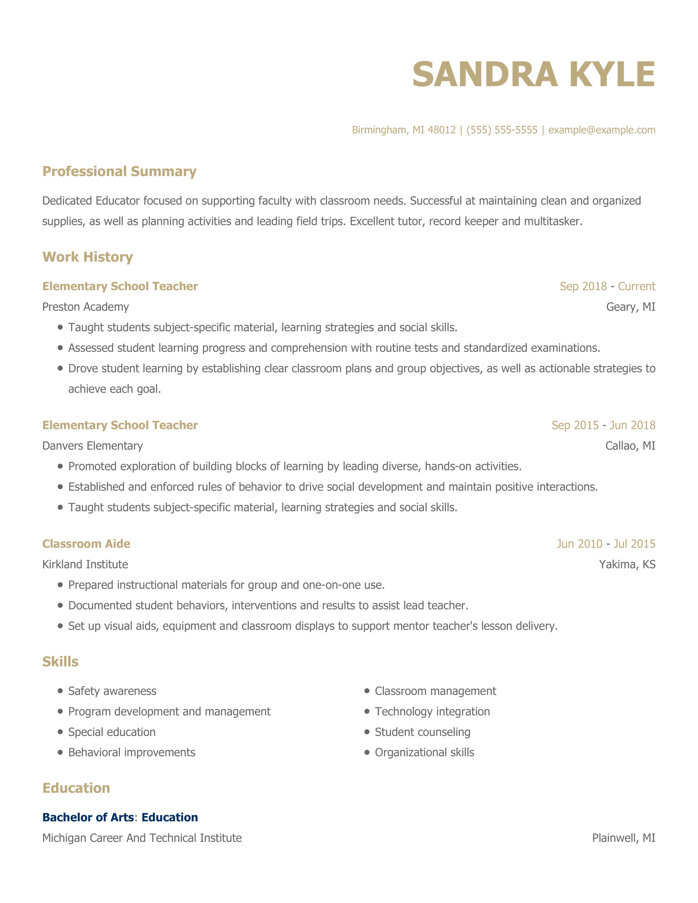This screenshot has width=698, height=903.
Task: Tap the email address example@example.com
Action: pos(602,130)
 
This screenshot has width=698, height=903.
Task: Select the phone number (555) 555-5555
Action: pos(502,130)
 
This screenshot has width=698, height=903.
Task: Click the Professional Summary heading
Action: pos(119,171)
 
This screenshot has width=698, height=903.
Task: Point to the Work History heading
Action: pos(88,257)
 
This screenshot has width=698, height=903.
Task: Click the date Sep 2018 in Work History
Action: pos(583,286)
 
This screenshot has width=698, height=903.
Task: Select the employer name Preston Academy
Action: pos(85,307)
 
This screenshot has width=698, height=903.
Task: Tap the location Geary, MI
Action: pos(631,307)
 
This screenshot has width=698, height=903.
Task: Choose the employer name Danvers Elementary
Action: pos(93,446)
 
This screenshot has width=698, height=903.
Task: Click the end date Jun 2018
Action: pos(632,425)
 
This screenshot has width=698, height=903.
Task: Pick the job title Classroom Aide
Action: pos(86,544)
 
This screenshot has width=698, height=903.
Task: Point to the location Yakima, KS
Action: pos(627,564)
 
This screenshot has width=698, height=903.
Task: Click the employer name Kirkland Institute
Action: pos(85,564)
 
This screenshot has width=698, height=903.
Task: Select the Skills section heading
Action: pos(60,662)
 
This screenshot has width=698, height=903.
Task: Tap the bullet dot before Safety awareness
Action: pos(60,690)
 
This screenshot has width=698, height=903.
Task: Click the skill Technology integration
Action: pos(432,712)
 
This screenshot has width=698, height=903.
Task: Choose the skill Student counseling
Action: pos(422,732)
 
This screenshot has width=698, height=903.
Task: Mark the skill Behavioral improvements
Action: pos(131,752)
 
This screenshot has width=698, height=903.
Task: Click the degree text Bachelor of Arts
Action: pos(88,817)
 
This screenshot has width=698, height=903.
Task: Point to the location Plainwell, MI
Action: pos(624,838)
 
